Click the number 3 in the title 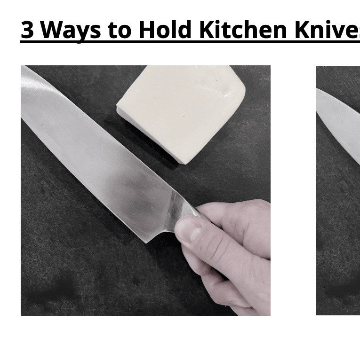tap(27, 30)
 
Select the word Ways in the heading tap(71, 30)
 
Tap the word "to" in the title tap(120, 30)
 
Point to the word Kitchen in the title tap(243, 30)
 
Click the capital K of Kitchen tap(206, 30)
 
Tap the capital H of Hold tap(146, 30)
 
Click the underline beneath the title tap(188, 43)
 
